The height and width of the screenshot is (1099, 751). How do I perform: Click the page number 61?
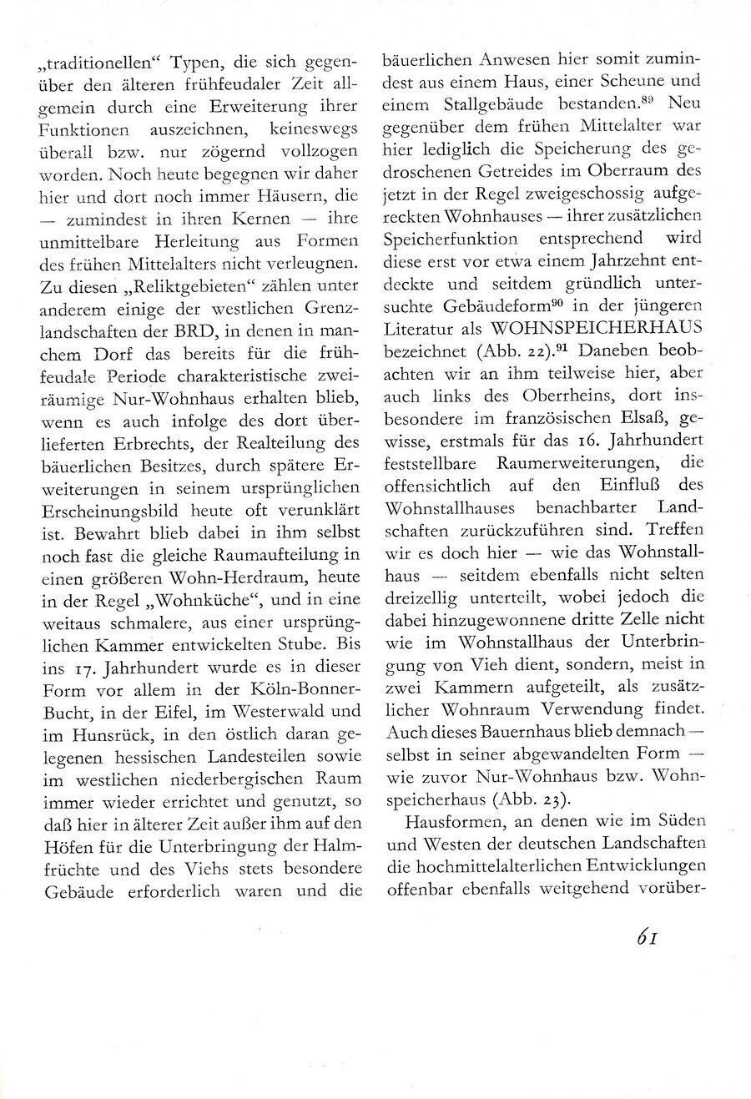[648, 939]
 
